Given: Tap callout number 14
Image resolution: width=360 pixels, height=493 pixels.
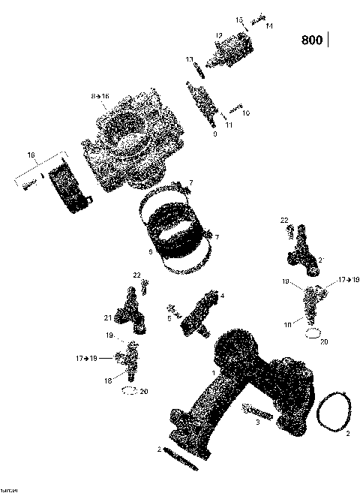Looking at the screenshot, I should click(x=269, y=26).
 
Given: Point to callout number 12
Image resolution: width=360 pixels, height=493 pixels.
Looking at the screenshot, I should click(x=219, y=35).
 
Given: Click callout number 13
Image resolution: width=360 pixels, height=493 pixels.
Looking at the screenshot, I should click(x=190, y=59).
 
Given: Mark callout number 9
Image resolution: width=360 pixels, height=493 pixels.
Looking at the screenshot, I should click(x=215, y=134).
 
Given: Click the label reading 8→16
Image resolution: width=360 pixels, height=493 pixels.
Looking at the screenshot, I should click(x=100, y=96).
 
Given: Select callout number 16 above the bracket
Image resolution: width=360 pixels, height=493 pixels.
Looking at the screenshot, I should click(x=31, y=155).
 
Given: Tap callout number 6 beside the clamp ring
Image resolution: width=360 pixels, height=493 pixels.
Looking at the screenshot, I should click(x=150, y=253).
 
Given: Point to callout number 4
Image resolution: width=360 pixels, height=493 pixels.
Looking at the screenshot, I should click(x=222, y=296).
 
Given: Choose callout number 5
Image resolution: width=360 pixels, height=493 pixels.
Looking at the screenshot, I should click(x=169, y=318).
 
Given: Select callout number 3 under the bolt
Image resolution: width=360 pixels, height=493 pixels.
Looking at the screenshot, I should click(x=257, y=423).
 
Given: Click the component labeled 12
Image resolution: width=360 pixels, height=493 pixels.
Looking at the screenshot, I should click(x=225, y=53).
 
